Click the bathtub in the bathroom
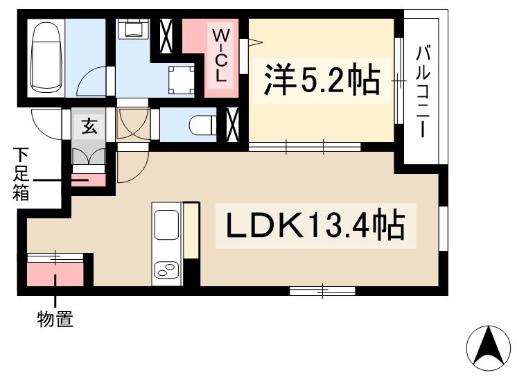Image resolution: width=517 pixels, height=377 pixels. pyautogui.click(x=46, y=58)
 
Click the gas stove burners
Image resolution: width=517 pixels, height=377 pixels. pyautogui.click(x=166, y=270)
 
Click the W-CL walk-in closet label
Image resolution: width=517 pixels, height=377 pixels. pyautogui.click(x=220, y=55)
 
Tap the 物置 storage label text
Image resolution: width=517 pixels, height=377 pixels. pyautogui.click(x=55, y=319)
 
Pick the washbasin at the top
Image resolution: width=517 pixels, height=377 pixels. pyautogui.click(x=132, y=29)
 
